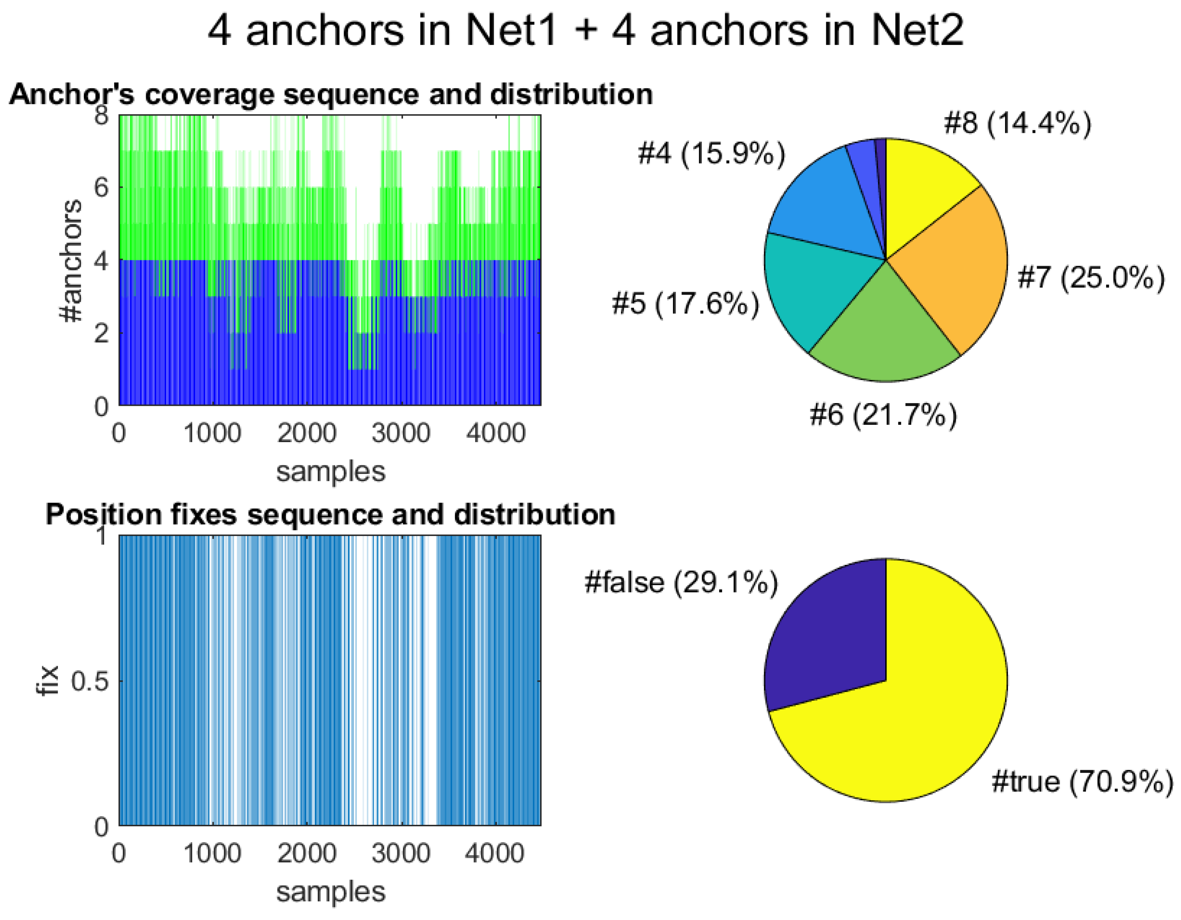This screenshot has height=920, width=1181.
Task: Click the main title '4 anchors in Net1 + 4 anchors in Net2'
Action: click(x=585, y=30)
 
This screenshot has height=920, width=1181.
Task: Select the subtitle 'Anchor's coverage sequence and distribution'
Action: click(x=331, y=94)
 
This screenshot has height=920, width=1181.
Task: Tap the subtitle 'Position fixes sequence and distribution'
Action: click(x=330, y=514)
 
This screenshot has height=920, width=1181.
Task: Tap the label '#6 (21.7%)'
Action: click(x=883, y=415)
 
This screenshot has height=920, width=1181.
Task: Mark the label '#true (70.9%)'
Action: click(x=1082, y=782)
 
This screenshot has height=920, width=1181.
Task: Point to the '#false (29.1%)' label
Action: click(x=681, y=583)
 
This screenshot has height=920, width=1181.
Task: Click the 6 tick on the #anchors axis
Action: click(x=101, y=188)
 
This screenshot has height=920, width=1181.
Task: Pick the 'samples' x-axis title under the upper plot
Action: click(x=330, y=471)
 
